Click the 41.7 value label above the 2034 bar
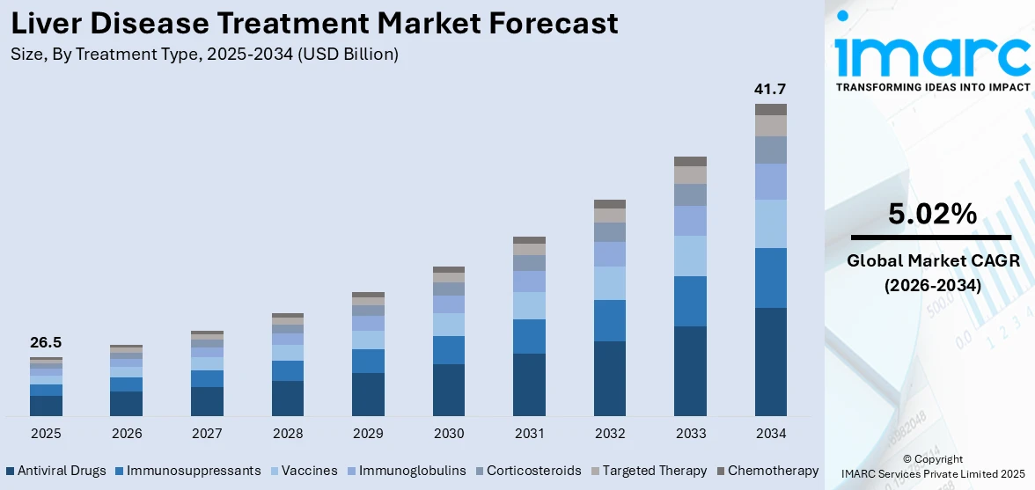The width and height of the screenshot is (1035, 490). click(770, 89)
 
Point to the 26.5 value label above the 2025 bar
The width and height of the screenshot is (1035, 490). click(46, 343)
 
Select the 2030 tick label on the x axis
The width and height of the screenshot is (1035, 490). click(449, 434)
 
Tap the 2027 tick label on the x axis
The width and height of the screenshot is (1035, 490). click(207, 434)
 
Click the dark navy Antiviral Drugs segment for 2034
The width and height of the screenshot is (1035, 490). click(771, 362)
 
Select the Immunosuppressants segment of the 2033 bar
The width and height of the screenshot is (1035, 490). click(690, 301)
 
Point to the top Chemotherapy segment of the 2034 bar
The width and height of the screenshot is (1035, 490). click(771, 109)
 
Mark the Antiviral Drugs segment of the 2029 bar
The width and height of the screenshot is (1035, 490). click(368, 394)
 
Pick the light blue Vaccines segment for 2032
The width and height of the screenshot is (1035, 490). click(610, 283)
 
